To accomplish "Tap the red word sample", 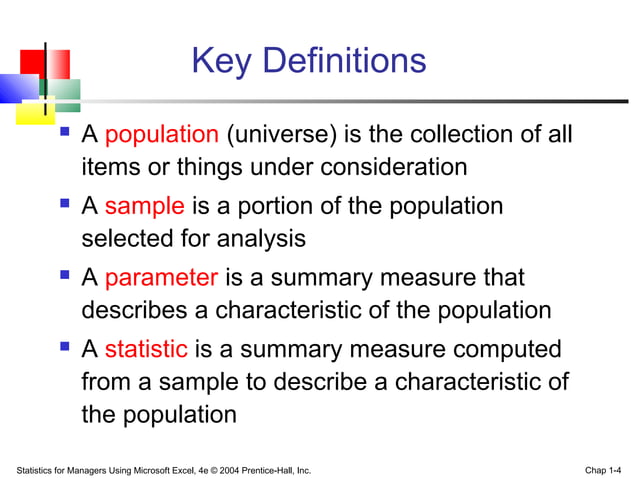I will tap(144, 207).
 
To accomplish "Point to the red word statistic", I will tap(146, 350).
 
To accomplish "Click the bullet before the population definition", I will tap(65, 132).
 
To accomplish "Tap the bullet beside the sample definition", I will tap(65, 204).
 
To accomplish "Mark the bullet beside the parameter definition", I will tap(65, 276).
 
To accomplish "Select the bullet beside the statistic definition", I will tap(65, 347).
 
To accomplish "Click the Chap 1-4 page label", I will tap(604, 469).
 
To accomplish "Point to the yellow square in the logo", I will tap(30, 112).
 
